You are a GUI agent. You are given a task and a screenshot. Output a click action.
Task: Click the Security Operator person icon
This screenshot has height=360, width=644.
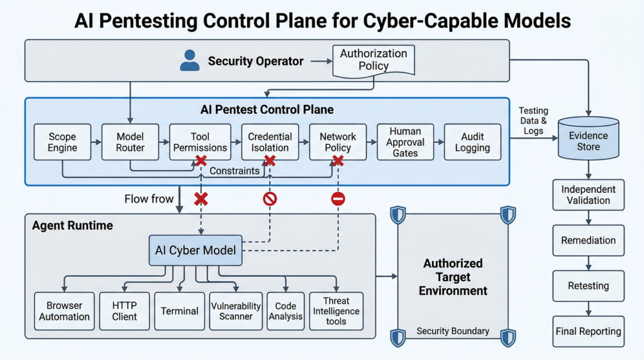point(190,60)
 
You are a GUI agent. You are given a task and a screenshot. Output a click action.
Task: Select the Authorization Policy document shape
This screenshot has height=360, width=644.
point(374,61)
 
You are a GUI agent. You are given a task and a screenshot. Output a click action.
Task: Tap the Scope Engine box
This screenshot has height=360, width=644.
point(62,142)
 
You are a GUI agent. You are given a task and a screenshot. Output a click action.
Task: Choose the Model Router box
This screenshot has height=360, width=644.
point(130,142)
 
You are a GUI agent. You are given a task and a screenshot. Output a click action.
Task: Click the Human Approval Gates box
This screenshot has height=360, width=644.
point(406,142)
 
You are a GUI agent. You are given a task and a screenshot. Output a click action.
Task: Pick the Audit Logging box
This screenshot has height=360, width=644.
point(473,142)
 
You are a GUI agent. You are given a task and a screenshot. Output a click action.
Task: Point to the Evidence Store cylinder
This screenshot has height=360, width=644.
point(589,138)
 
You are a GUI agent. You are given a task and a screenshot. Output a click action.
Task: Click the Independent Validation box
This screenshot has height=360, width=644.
point(589,195)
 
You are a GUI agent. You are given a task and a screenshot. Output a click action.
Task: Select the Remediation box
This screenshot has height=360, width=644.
point(589,240)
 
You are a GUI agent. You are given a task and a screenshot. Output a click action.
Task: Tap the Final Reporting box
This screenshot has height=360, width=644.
point(589,331)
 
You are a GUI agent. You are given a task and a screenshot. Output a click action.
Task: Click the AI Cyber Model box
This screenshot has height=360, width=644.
point(196,250)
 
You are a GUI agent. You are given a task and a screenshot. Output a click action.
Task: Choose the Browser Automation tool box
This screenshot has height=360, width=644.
point(65,311)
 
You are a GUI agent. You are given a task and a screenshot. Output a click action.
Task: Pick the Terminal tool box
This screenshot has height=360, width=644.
point(179,311)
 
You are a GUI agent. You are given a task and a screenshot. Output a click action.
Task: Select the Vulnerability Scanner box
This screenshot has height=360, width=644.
point(236,311)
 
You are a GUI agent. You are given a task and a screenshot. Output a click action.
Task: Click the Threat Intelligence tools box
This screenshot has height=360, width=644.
point(336,311)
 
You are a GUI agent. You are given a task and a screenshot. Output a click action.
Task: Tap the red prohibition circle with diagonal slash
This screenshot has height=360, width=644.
point(270,199)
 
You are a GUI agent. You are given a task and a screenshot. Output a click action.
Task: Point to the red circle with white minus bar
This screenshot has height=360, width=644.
point(338,199)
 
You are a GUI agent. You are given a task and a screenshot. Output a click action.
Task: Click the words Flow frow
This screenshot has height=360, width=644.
point(149,199)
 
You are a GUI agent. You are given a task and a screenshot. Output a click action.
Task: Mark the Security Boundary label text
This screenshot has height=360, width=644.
point(453,331)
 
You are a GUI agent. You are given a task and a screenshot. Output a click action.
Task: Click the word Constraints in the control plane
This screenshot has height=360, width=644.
point(235,171)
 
